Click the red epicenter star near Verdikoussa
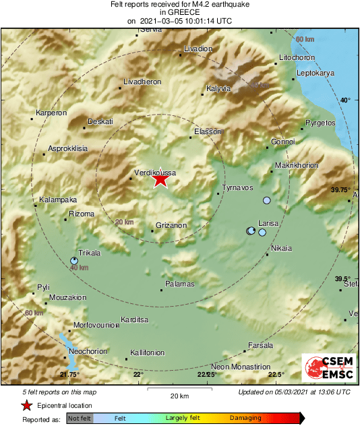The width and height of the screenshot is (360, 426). (160, 180)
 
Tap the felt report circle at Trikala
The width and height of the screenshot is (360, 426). (74, 260)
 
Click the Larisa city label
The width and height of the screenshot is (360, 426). (268, 222)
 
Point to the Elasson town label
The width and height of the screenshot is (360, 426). (208, 131)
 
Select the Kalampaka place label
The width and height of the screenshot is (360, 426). (58, 200)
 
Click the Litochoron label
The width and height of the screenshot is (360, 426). (297, 58)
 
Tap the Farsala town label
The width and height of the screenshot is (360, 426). (261, 345)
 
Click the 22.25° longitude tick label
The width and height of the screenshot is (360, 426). (206, 375)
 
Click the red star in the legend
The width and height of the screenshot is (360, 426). (26, 406)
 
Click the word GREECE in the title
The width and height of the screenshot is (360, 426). (179, 12)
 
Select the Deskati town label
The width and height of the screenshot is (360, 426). (100, 121)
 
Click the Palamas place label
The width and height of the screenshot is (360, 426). (179, 284)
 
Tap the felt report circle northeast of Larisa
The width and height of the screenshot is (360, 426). (267, 201)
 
